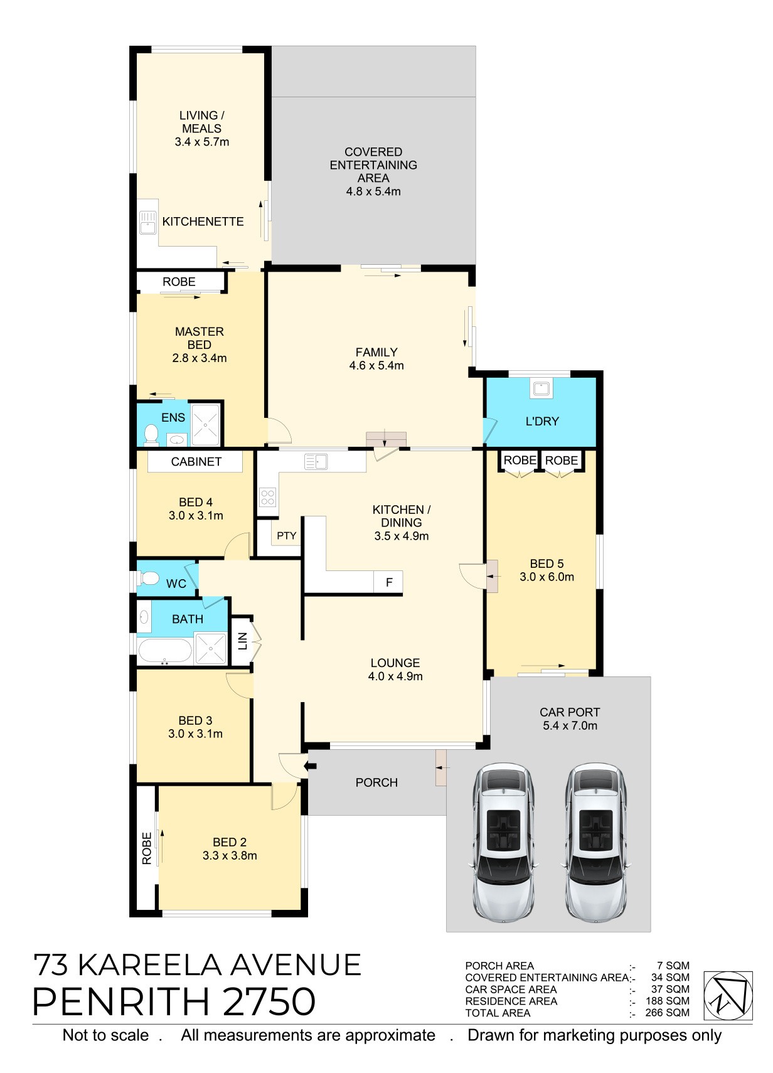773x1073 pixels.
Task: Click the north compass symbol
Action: click(727, 995)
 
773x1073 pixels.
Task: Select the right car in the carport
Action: click(595, 842)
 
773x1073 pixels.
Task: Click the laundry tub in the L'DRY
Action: click(541, 388)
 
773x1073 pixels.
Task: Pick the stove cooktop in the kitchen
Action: click(268, 497)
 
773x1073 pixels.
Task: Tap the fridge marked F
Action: click(388, 582)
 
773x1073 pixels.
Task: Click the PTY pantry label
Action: click(286, 535)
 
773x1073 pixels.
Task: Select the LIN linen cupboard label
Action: click(242, 641)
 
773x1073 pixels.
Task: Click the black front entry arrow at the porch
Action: click(311, 766)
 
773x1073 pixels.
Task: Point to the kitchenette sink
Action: click(147, 223)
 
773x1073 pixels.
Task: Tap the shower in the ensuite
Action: click(205, 425)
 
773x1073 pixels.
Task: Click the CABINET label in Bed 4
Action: click(196, 462)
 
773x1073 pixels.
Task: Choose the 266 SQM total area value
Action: click(667, 1013)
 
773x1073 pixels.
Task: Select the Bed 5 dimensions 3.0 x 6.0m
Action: click(546, 577)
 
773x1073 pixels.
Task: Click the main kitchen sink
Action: click(316, 462)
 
